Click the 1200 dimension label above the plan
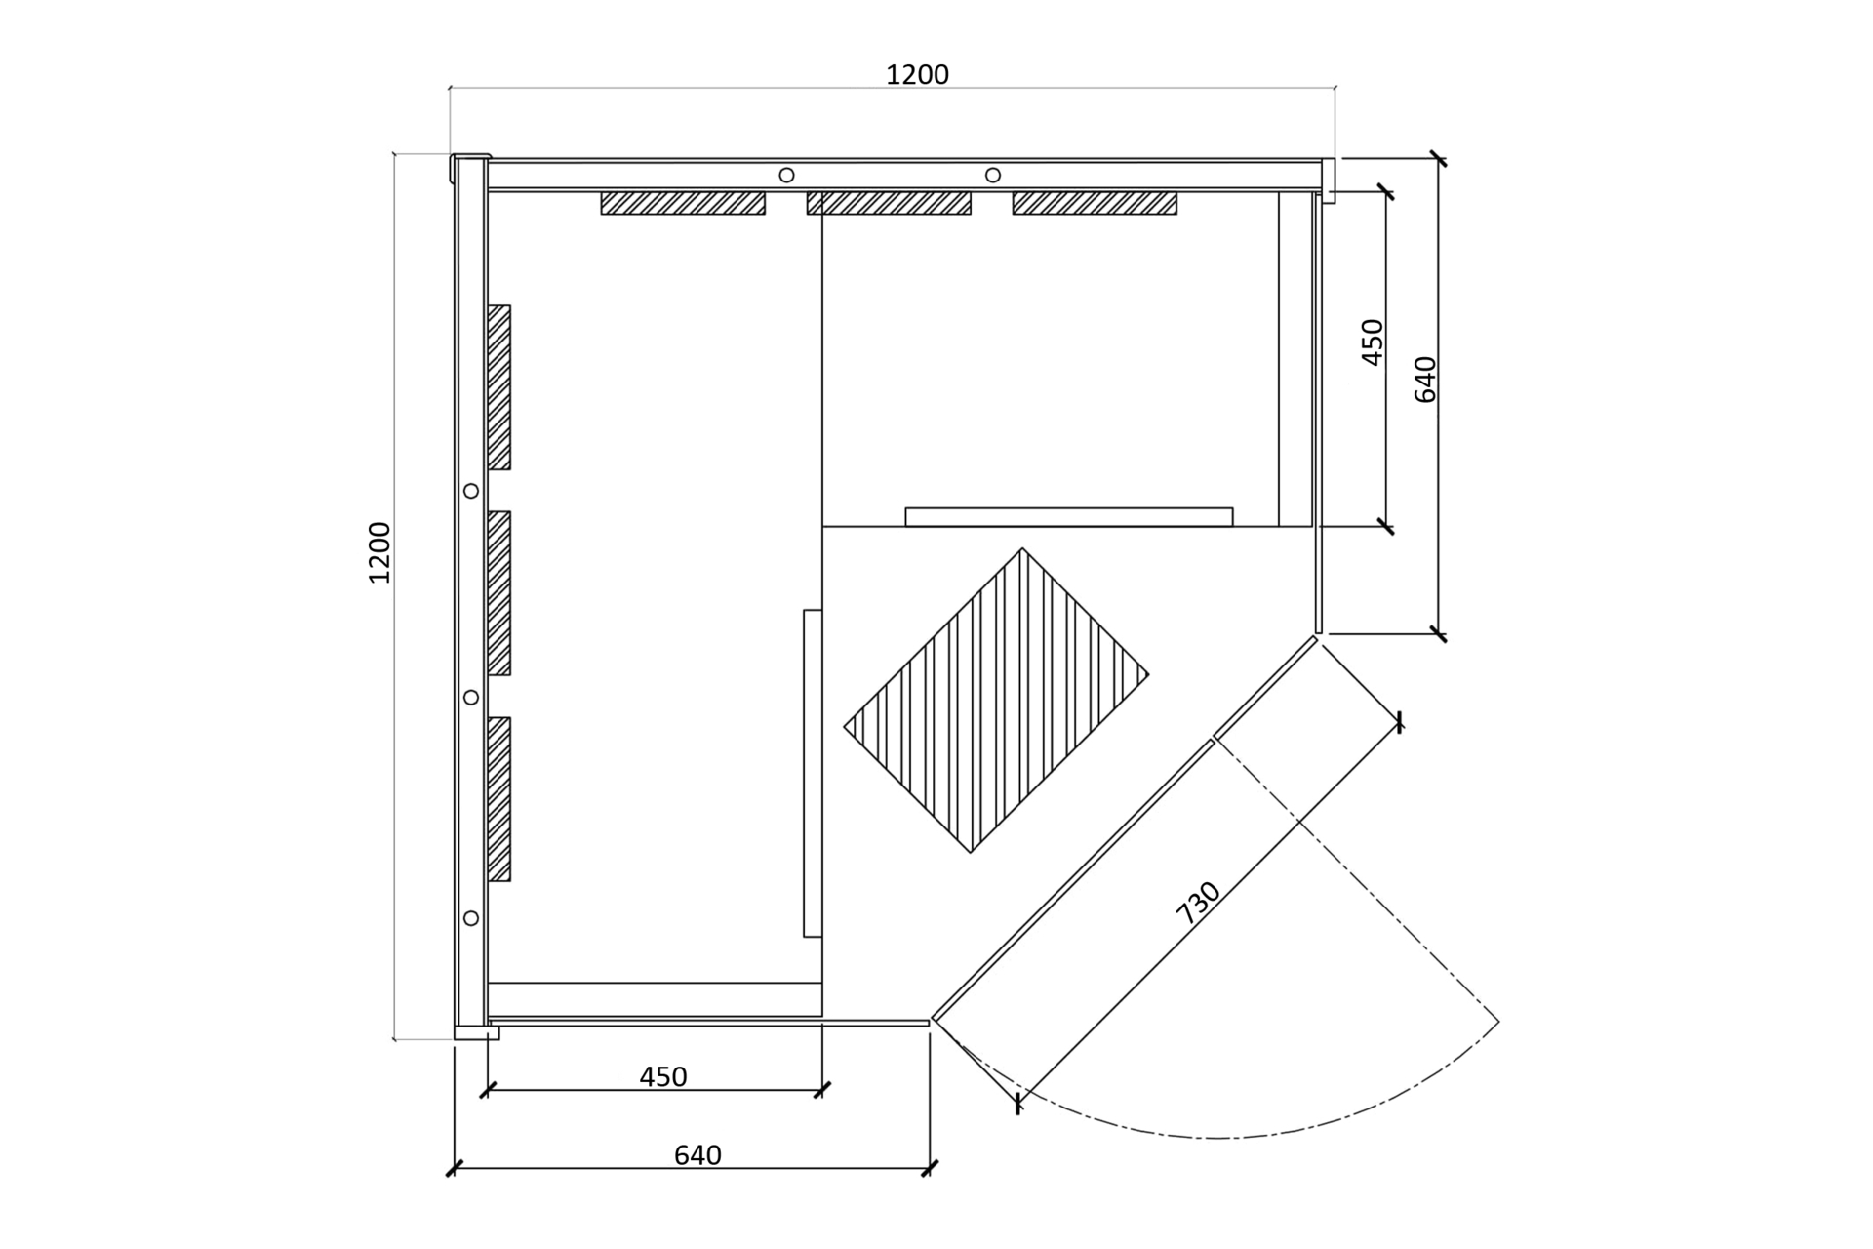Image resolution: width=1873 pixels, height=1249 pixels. (917, 75)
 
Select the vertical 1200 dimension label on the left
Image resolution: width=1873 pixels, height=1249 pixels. (379, 552)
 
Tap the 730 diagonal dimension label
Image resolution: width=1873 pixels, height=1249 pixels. (1199, 903)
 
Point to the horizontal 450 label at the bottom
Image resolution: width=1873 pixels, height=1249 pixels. (663, 1077)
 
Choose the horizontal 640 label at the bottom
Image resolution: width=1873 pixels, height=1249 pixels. (697, 1155)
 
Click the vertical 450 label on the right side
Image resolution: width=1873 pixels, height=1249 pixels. (1373, 342)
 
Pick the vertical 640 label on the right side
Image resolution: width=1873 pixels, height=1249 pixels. (1425, 380)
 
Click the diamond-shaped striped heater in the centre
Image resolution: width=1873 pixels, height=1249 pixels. (996, 701)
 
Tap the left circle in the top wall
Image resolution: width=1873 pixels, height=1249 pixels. (786, 175)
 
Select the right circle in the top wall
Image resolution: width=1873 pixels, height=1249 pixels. (993, 175)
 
